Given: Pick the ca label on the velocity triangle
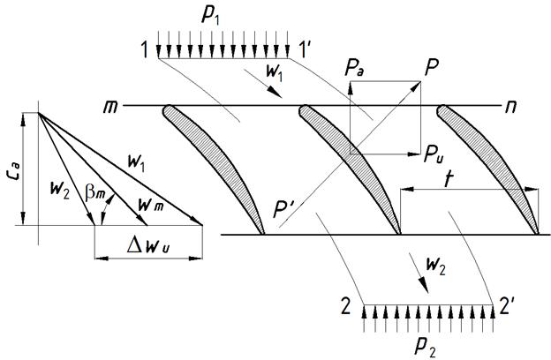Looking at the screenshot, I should [19, 169].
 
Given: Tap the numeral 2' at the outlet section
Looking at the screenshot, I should [507, 308].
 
